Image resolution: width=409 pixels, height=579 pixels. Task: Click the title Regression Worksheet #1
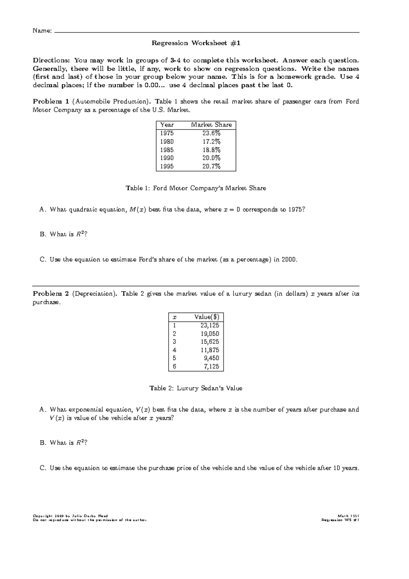pyautogui.click(x=196, y=43)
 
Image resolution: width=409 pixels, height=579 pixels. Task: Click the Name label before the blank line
pyautogui.click(x=42, y=31)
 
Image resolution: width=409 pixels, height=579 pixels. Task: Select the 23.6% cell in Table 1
pyautogui.click(x=211, y=133)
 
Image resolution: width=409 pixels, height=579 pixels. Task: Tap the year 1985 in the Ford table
pyautogui.click(x=167, y=150)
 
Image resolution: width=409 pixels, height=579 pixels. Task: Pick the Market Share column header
pyautogui.click(x=211, y=125)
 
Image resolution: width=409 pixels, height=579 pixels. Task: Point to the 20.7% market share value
pyautogui.click(x=211, y=166)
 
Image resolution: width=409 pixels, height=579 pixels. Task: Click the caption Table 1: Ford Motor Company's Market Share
pyautogui.click(x=196, y=188)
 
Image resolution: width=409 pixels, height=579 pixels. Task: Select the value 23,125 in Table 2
pyautogui.click(x=210, y=325)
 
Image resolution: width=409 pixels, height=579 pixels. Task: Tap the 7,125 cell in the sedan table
pyautogui.click(x=211, y=367)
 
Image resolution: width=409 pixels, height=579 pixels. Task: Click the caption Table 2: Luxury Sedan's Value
pyautogui.click(x=196, y=388)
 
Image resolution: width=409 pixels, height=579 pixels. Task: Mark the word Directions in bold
pyautogui.click(x=51, y=60)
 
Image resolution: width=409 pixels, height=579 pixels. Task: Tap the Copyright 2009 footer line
pyautogui.click(x=70, y=516)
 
